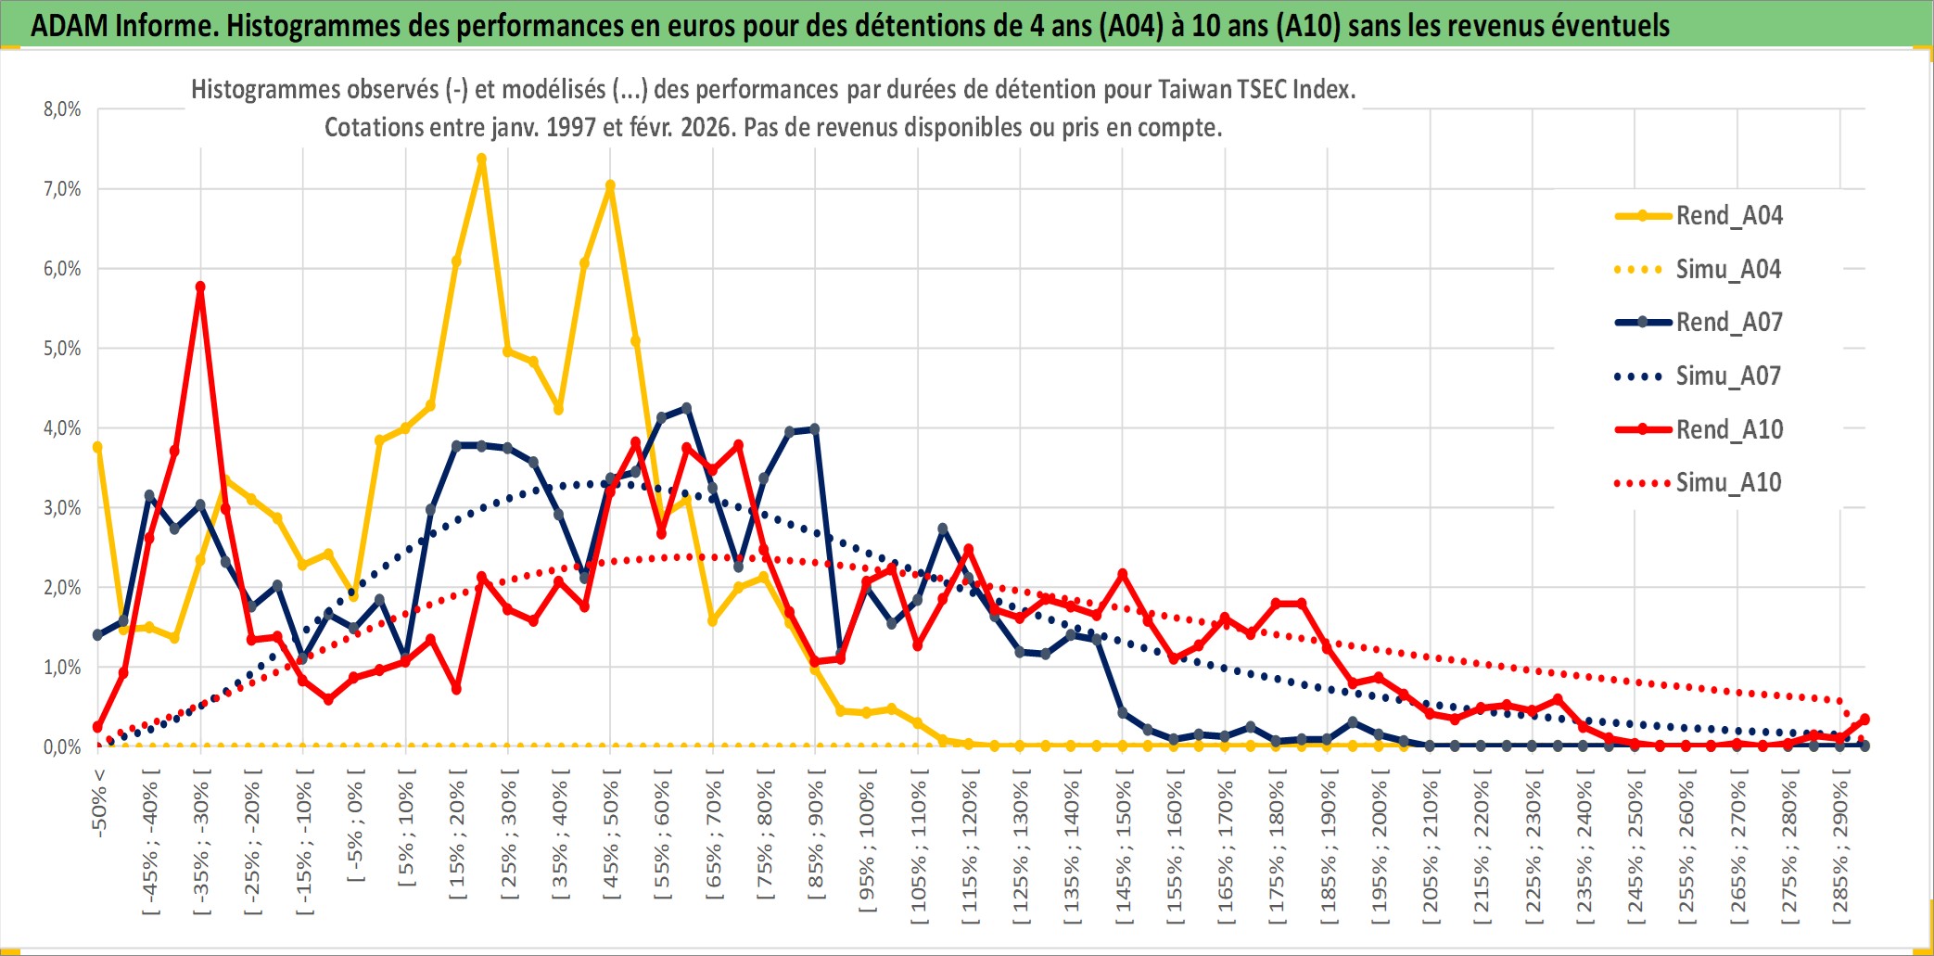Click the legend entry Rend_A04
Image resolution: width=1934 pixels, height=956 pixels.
pyautogui.click(x=1728, y=216)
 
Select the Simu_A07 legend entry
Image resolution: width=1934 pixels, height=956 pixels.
pyautogui.click(x=1728, y=376)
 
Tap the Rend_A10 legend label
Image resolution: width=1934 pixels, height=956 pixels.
pyautogui.click(x=1729, y=430)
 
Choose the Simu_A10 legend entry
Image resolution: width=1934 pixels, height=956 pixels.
pyautogui.click(x=1728, y=483)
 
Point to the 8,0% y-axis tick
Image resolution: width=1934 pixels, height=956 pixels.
pyautogui.click(x=62, y=109)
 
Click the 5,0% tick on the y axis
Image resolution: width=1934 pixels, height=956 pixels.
pyautogui.click(x=62, y=349)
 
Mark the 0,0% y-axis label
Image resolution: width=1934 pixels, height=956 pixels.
pyautogui.click(x=62, y=747)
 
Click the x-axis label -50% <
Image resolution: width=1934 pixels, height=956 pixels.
pyautogui.click(x=99, y=803)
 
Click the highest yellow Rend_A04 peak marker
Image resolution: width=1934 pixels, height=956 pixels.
pyautogui.click(x=481, y=159)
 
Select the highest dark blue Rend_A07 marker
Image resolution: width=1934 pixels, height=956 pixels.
pyautogui.click(x=686, y=408)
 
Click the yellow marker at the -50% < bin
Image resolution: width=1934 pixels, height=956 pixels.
pyautogui.click(x=97, y=447)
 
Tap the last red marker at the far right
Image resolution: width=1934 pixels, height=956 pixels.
pyautogui.click(x=1864, y=720)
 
